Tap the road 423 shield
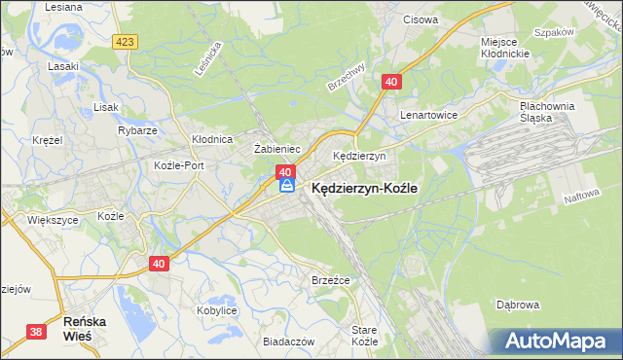pyautogui.click(x=124, y=42)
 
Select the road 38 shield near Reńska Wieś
pyautogui.click(x=37, y=332)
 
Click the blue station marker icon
pyautogui.click(x=286, y=185)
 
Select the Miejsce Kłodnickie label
pyautogui.click(x=504, y=49)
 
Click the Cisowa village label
pyautogui.click(x=420, y=18)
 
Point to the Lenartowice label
pyautogui.click(x=428, y=114)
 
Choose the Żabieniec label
pyautogui.click(x=275, y=149)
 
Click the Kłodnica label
pyautogui.click(x=211, y=139)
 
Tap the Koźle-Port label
pyautogui.click(x=179, y=165)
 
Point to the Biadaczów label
pyautogui.click(x=289, y=342)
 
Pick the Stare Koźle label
pyautogui.click(x=364, y=337)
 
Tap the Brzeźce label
pyautogui.click(x=330, y=280)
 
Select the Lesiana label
pyautogui.click(x=63, y=6)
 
